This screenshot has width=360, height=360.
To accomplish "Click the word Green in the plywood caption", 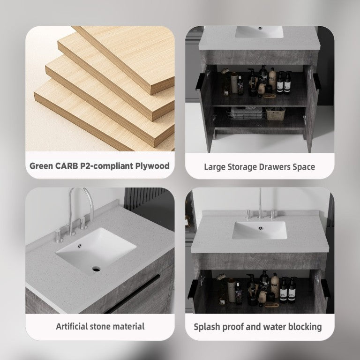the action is click(41, 166).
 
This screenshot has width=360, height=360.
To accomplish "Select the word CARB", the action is click(67, 166).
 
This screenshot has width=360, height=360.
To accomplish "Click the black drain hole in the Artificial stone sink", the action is click(96, 269).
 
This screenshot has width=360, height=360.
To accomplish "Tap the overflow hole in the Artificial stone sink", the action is click(80, 246).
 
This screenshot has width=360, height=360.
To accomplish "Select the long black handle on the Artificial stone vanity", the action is click(133, 293).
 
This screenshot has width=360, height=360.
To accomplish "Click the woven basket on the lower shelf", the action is click(275, 113).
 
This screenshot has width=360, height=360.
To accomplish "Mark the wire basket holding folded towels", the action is click(247, 113).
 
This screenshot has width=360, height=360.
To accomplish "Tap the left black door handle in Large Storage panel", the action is click(199, 82).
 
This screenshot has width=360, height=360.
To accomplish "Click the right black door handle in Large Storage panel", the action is click(317, 82).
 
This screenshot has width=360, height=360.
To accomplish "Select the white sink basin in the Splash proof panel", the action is click(260, 230).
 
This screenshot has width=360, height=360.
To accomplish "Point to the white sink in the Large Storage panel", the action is click(259, 32).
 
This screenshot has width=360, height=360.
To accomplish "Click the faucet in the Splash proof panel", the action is click(260, 207).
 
